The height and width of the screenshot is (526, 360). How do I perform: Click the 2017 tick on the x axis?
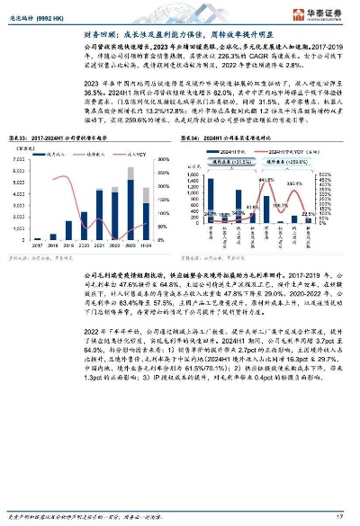coord(38,245)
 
